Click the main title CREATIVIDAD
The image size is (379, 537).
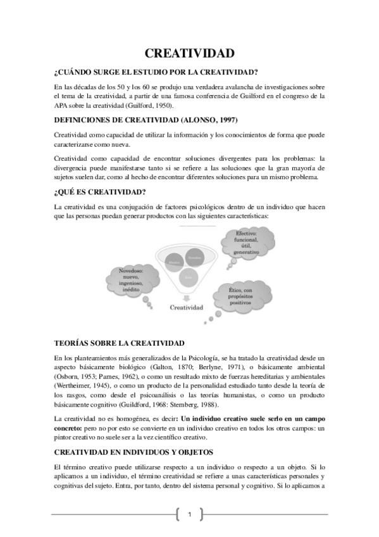coord(189,53)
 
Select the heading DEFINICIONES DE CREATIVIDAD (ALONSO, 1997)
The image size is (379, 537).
coord(147,120)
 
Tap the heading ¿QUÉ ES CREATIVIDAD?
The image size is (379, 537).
coord(101,192)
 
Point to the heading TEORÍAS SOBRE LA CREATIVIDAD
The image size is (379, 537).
coord(120,343)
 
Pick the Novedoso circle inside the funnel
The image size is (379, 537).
coord(196,258)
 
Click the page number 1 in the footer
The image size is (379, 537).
coord(189,514)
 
